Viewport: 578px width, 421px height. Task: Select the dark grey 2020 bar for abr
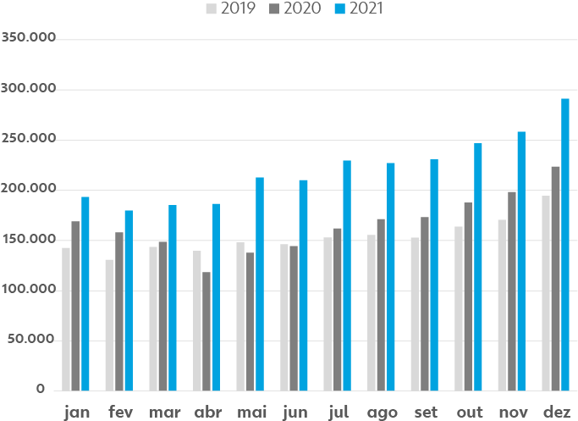coord(206,331)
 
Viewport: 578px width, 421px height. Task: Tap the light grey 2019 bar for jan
coord(66,319)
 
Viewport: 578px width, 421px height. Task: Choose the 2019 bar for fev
coord(109,324)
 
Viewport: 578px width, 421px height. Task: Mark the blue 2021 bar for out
coord(478,267)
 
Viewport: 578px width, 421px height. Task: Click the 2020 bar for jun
coord(294,318)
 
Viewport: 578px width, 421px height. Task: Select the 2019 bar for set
coord(415,313)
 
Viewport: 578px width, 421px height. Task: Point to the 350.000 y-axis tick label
coord(29,39)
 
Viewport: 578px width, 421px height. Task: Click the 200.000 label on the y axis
coord(29,189)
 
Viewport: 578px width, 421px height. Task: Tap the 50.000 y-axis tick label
coord(33,340)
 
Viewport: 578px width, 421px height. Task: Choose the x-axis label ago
coord(382,413)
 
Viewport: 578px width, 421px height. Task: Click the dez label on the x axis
coord(556,413)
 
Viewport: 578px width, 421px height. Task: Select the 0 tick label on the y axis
coord(40,390)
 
